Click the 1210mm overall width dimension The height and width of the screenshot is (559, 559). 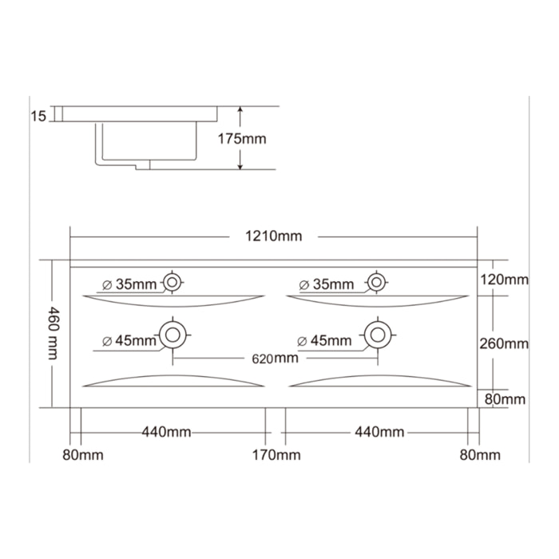click(274, 236)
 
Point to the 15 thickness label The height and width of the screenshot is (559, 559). click(38, 117)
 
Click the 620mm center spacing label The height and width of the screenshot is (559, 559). click(275, 359)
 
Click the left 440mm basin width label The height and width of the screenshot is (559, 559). click(166, 432)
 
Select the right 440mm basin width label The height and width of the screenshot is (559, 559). click(379, 432)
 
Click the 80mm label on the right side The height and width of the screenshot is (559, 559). click(505, 398)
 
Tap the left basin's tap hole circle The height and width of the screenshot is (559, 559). click(173, 282)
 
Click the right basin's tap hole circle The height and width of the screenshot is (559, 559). click(376, 282)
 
